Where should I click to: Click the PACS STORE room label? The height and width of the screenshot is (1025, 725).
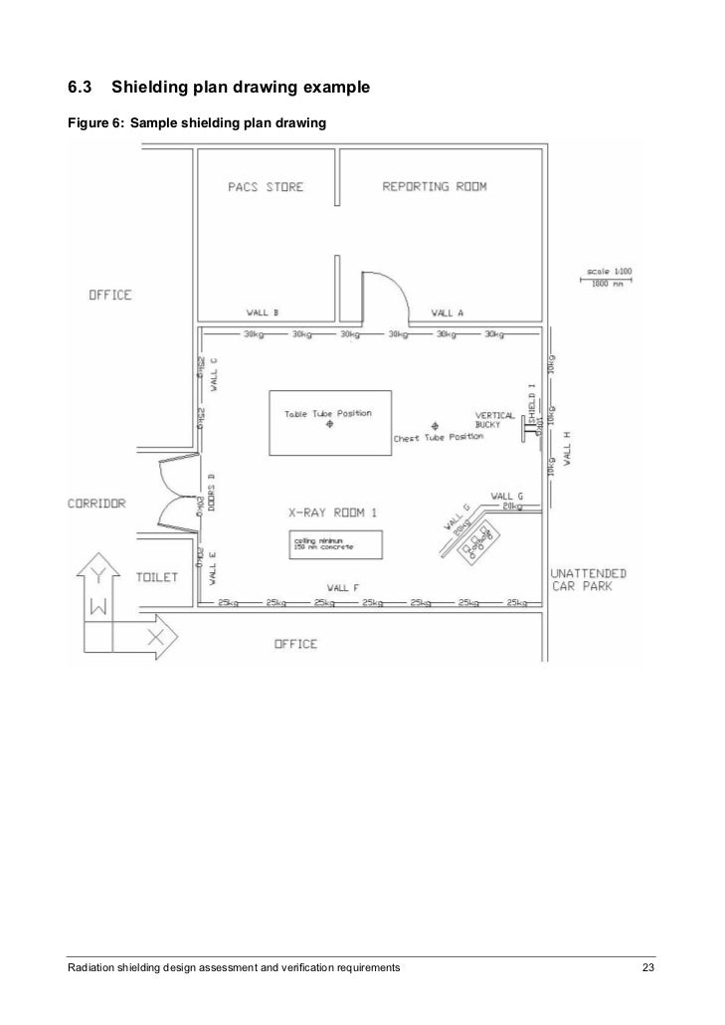coord(264,187)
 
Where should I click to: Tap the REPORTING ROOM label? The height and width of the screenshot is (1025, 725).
coord(436,187)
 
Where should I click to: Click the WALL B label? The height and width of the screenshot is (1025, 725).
coord(263,312)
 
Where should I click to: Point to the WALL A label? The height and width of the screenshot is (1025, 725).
coord(447,312)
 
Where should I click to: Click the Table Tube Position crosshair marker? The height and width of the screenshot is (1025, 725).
coord(328,425)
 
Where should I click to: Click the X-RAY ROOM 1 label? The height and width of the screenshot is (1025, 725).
coord(332,513)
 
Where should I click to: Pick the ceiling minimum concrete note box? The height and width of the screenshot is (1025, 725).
coord(334,543)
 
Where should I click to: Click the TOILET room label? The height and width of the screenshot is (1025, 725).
coord(156,577)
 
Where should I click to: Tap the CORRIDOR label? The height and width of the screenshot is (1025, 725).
coord(96,504)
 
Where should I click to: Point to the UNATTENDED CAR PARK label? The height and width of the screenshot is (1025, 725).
coord(590,579)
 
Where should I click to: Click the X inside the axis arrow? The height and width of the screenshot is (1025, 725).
coord(155,634)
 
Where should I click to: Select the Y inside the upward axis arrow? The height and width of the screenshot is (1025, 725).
coord(96,575)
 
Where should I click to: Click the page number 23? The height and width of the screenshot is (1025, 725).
coord(648,967)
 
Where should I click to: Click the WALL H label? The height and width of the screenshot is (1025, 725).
coord(567,448)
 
